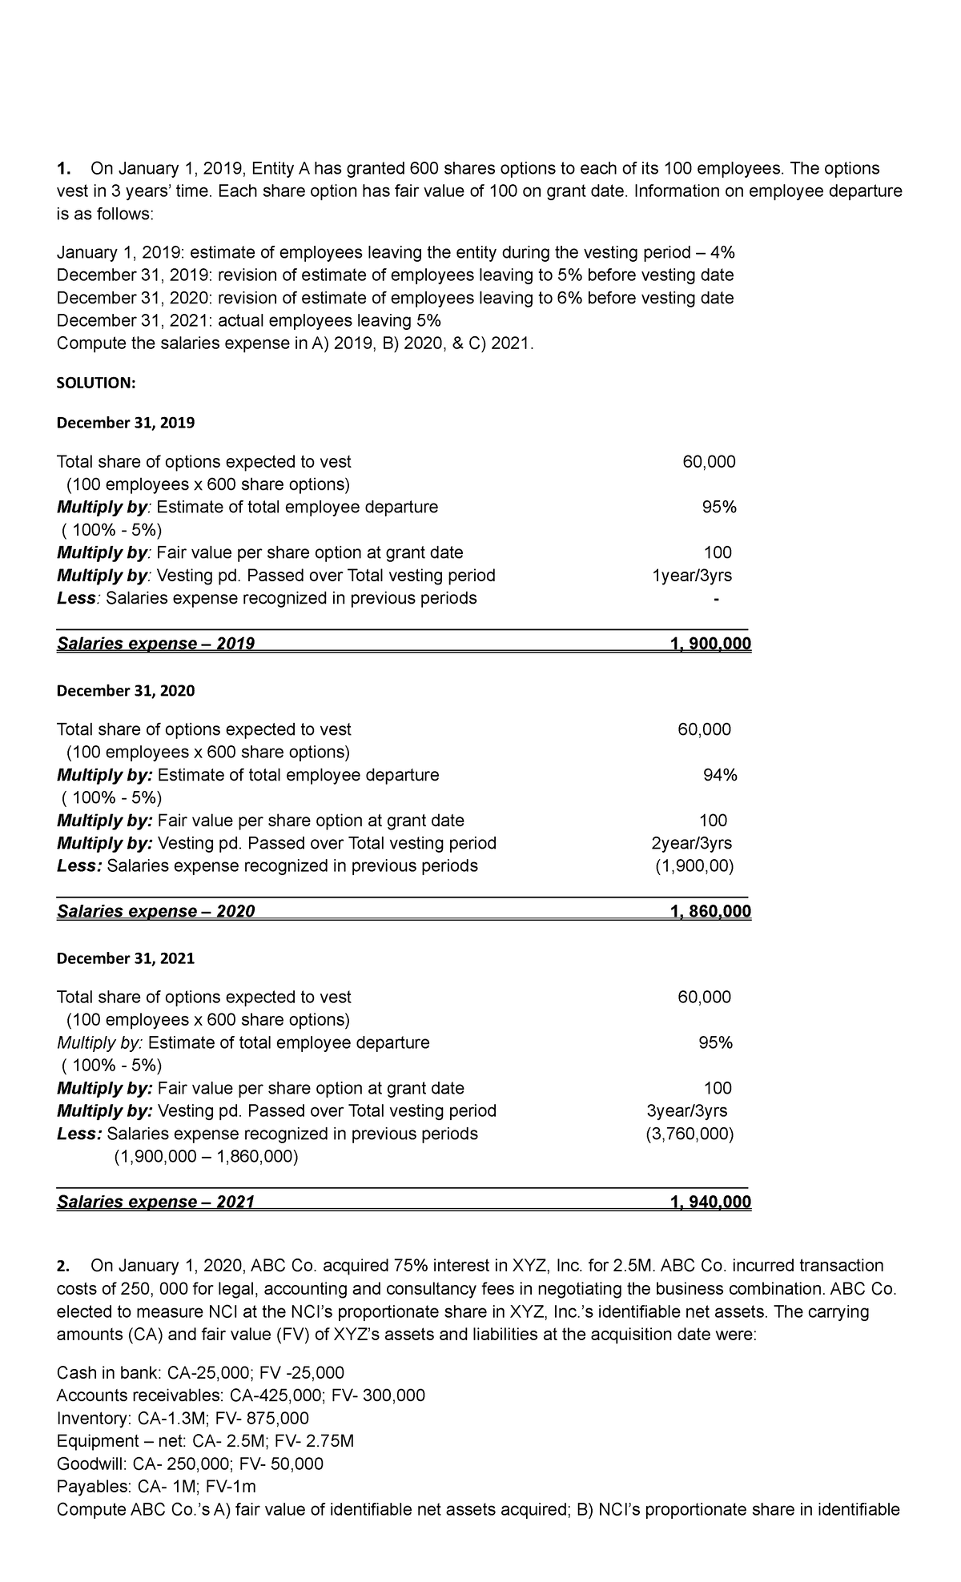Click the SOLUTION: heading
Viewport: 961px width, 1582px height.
click(x=96, y=383)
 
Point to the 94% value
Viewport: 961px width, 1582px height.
click(x=720, y=775)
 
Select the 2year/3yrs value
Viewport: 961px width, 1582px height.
click(x=691, y=843)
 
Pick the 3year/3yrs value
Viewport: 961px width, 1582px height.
click(x=687, y=1110)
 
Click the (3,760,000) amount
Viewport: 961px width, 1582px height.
click(x=690, y=1134)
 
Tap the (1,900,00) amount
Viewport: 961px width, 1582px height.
click(x=694, y=865)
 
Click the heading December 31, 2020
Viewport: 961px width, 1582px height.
click(x=126, y=691)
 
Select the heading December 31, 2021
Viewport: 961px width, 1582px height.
click(x=126, y=958)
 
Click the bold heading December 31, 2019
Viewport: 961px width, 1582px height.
click(x=126, y=423)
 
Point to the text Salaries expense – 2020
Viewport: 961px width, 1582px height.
click(x=156, y=911)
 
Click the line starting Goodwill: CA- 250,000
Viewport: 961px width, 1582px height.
click(x=190, y=1464)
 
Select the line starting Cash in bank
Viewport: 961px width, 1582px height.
click(x=200, y=1373)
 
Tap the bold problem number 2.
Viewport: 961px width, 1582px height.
click(x=63, y=1266)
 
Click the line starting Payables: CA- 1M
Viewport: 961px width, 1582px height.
click(x=156, y=1487)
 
